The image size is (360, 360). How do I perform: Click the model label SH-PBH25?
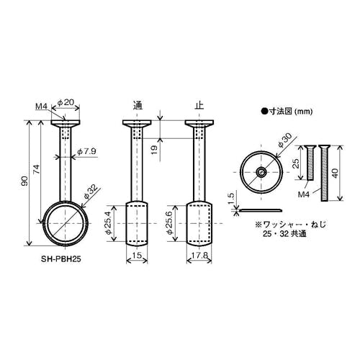pos(60,259)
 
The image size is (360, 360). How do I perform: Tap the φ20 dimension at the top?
pos(66,102)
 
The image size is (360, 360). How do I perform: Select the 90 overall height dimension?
pos(24,181)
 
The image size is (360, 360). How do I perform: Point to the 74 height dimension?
pos(36,170)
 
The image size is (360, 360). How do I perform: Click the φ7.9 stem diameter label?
pos(86,151)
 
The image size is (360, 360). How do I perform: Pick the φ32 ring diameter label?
pos(91,192)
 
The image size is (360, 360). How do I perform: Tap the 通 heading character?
pos(138,105)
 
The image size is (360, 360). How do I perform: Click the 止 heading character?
pos(199,105)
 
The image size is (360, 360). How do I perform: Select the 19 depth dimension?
pos(155,150)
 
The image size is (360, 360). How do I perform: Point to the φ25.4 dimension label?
pos(109,222)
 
